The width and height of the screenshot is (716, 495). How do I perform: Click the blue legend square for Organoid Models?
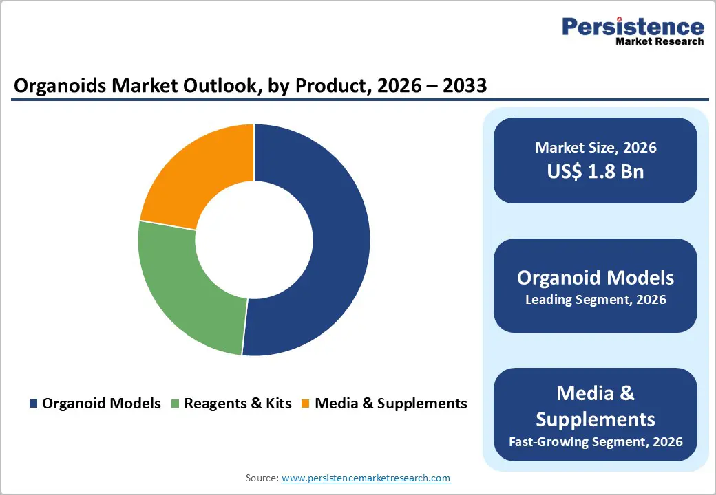point(33,404)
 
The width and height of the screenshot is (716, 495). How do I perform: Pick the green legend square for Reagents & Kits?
point(175,404)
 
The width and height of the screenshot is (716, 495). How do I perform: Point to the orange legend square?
point(306,404)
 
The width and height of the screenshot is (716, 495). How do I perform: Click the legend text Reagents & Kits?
point(238,404)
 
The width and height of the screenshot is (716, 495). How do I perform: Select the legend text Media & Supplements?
point(390,404)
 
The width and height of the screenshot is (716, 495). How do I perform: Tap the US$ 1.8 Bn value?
point(596,171)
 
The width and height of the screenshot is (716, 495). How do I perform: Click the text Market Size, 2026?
point(596,148)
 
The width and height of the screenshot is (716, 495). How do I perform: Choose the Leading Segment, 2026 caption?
point(596,300)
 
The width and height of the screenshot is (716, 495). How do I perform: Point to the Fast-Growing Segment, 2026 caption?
point(596,441)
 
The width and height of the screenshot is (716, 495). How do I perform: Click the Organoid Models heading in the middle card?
point(596,277)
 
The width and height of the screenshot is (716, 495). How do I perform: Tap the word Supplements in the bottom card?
point(596,419)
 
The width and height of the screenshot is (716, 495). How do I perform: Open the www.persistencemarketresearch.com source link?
point(366,478)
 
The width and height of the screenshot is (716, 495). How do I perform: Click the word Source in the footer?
point(262,478)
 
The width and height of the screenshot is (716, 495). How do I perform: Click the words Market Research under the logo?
point(660,42)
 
